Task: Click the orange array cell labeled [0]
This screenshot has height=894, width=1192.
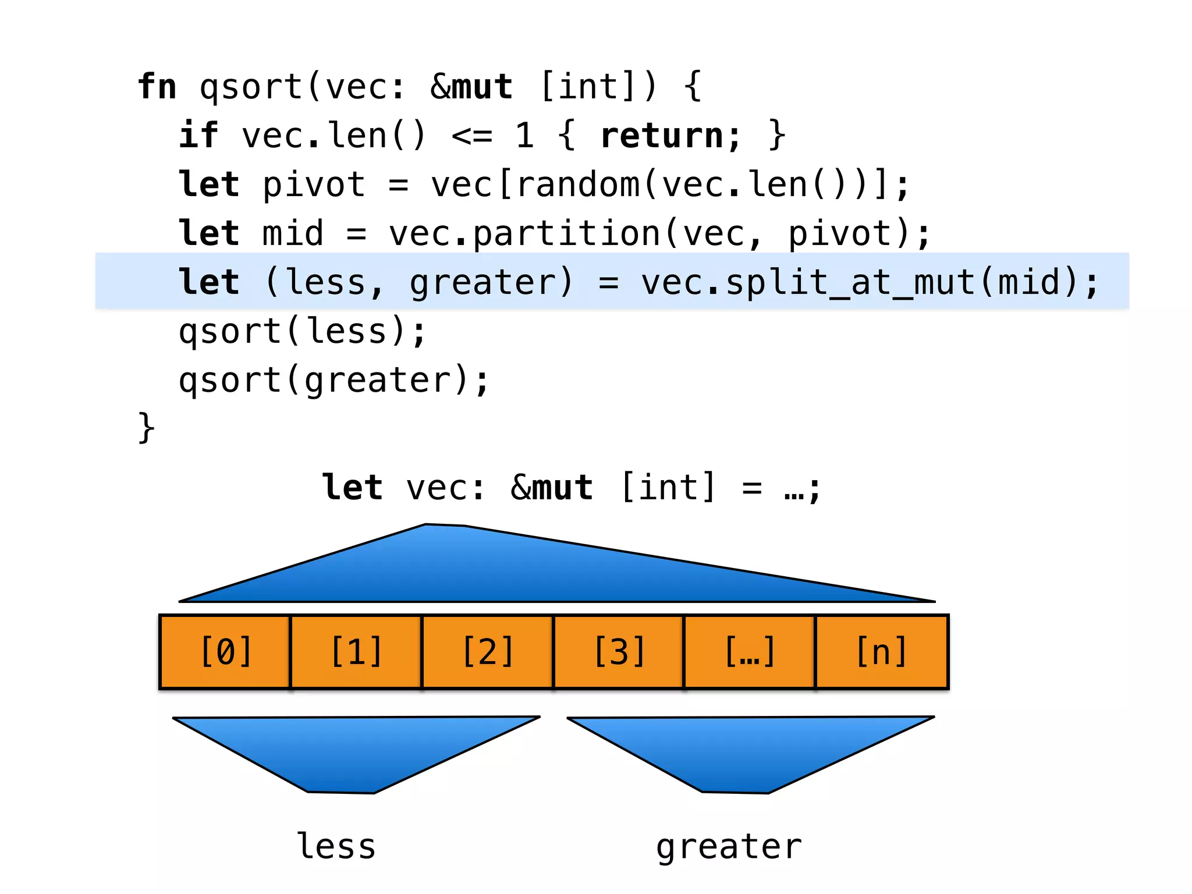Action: (x=225, y=651)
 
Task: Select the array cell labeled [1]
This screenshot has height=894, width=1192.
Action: (x=356, y=651)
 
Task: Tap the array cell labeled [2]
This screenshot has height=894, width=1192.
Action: (x=488, y=651)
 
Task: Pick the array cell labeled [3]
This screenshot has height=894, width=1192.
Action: (x=619, y=651)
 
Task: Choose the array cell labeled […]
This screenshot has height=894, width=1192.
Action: (x=750, y=651)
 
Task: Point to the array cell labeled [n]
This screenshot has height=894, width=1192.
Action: (x=882, y=651)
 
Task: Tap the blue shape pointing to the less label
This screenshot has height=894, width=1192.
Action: (x=349, y=751)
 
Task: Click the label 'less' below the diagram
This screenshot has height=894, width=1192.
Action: (x=336, y=846)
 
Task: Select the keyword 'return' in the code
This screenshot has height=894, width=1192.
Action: (x=664, y=136)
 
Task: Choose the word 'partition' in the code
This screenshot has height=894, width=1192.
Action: (x=566, y=234)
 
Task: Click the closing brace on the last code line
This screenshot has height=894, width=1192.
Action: (x=146, y=428)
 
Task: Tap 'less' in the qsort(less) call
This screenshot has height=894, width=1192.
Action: (x=346, y=331)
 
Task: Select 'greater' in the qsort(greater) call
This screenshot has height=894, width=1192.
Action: (x=378, y=381)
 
